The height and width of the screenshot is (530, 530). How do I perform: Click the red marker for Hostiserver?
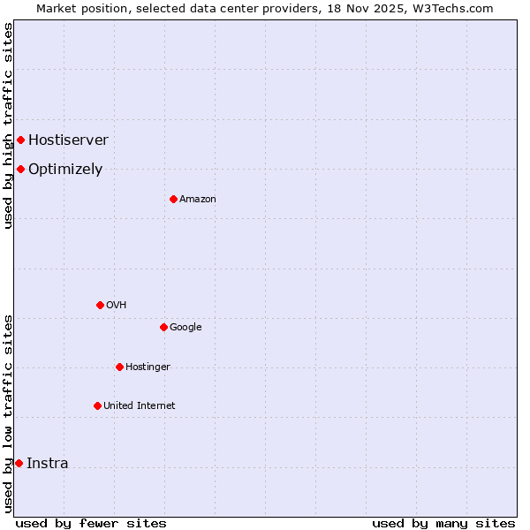point(20,140)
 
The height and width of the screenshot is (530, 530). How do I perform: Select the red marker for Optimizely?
point(20,169)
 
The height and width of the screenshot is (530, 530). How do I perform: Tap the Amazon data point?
point(173,199)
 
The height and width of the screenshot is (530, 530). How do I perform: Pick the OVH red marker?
point(100,305)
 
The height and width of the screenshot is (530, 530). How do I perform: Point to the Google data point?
point(163,327)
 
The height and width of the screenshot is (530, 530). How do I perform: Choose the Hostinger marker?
point(119,367)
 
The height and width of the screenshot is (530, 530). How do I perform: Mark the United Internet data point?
point(97,405)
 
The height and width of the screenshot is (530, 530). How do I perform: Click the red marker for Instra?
point(19,463)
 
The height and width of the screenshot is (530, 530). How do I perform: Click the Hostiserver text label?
point(68,140)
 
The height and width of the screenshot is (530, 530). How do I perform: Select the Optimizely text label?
point(65,169)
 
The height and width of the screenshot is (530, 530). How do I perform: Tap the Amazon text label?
point(198,199)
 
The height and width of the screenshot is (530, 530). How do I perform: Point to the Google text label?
point(185,327)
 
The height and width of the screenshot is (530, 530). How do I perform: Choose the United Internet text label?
point(140,405)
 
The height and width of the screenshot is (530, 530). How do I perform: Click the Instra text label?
point(47,463)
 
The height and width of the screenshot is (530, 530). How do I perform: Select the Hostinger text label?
point(148,367)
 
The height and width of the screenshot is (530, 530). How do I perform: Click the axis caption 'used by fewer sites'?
point(91,523)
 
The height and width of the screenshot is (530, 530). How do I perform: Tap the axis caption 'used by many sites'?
point(443,523)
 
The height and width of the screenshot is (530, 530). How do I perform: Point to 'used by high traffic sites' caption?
point(8,125)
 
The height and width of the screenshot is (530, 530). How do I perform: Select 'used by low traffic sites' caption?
point(8,413)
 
